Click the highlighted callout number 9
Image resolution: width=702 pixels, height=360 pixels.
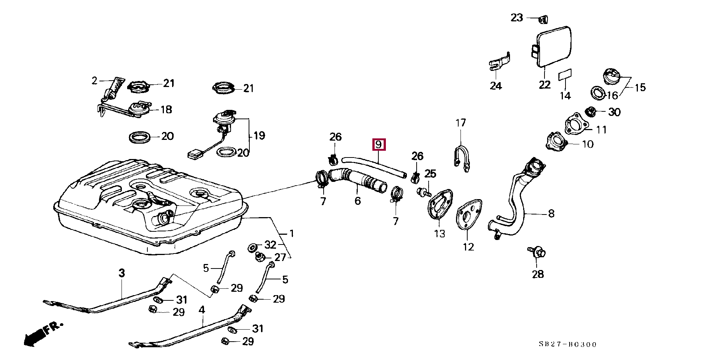point(379,144)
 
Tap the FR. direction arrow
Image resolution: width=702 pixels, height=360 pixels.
point(42,333)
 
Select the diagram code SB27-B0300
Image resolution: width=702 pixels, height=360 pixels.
point(567,344)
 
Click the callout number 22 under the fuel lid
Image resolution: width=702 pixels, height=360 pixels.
point(544,85)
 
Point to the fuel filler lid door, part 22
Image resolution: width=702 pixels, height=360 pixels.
point(552,46)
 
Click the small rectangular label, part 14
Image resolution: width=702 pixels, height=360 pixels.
point(565,75)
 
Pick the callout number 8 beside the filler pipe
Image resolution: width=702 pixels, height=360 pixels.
point(551,214)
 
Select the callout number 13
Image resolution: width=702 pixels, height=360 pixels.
point(439,234)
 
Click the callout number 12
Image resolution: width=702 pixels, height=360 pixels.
point(468,247)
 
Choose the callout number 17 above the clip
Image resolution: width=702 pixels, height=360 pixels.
point(460,123)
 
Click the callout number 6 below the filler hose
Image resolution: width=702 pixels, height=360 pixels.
point(358,201)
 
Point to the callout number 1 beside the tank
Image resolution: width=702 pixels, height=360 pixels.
point(292,234)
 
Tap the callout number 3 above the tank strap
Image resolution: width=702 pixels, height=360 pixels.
point(121,273)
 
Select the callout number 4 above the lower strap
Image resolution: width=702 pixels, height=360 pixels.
point(202,310)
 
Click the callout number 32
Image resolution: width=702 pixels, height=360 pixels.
point(270,245)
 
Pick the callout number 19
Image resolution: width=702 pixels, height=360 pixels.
point(259,135)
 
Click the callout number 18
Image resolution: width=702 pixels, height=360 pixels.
point(166,109)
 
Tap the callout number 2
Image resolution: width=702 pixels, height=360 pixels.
point(94,81)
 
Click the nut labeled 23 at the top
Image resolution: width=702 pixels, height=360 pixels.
point(542,19)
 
